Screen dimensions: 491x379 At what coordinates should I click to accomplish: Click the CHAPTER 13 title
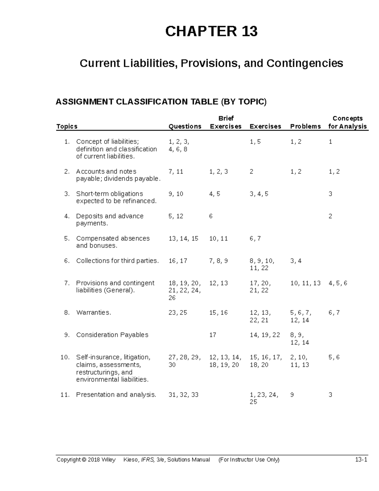(211, 32)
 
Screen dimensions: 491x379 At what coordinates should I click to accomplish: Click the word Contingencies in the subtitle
(305, 63)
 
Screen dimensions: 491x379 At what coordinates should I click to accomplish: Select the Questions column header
(185, 126)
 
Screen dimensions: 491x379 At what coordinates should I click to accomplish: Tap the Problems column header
(305, 126)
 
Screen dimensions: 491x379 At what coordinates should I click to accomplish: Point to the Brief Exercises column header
(226, 123)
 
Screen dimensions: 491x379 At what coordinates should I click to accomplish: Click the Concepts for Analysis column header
(347, 123)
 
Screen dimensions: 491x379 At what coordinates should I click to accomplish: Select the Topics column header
(67, 126)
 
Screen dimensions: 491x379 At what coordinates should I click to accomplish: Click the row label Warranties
(93, 313)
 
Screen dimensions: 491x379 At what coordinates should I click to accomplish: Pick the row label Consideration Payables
(112, 335)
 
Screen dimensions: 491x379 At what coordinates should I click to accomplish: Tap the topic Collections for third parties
(117, 261)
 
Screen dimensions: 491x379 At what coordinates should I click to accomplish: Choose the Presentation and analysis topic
(116, 395)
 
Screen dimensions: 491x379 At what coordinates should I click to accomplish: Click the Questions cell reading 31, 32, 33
(183, 395)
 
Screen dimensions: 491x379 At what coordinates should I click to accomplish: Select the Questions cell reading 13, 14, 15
(183, 238)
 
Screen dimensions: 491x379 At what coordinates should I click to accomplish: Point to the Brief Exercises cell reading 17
(213, 335)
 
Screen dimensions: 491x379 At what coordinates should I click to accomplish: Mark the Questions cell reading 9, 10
(176, 194)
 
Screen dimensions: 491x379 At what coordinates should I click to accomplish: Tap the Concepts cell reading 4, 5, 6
(338, 283)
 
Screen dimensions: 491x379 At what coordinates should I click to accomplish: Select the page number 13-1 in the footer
(361, 460)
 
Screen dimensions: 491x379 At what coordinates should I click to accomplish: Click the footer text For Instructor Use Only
(249, 460)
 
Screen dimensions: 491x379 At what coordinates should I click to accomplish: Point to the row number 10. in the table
(65, 357)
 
